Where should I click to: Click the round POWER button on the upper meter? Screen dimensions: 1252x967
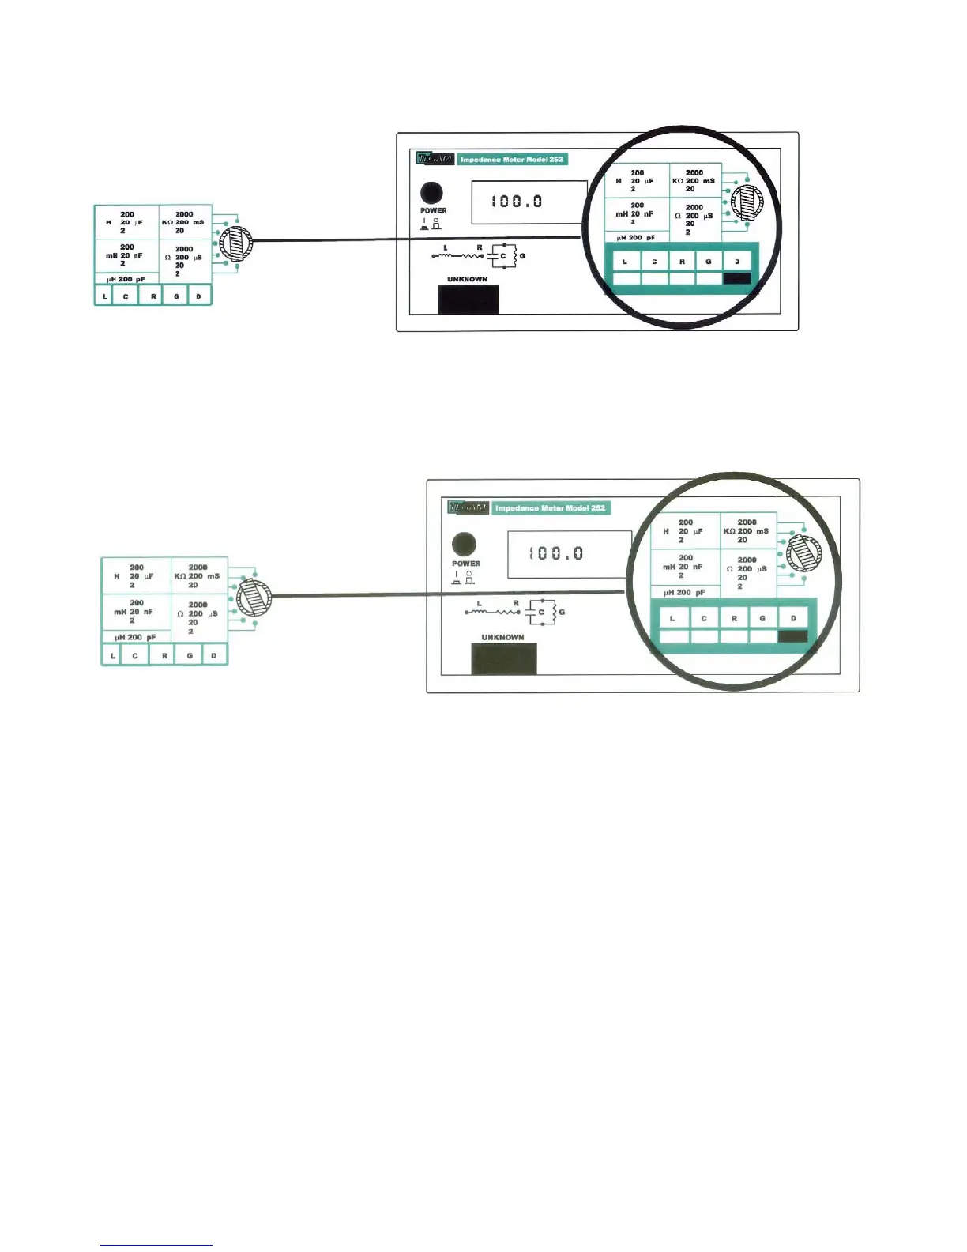tap(431, 192)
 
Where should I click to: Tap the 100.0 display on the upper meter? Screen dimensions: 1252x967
tap(529, 202)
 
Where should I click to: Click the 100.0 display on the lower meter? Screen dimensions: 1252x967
tap(568, 553)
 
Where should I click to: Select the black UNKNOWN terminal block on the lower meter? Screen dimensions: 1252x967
tap(503, 658)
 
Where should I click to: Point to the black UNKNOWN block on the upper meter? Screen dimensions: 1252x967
tap(468, 299)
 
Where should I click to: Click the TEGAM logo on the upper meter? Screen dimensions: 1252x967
tap(435, 159)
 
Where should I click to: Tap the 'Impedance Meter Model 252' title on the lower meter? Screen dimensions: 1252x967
tap(551, 507)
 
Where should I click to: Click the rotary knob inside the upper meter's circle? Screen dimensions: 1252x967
tap(746, 202)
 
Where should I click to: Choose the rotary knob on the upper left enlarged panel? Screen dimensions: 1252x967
tap(236, 244)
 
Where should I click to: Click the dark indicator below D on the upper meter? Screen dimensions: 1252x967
tap(737, 278)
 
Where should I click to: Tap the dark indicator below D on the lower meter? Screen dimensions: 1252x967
tap(792, 636)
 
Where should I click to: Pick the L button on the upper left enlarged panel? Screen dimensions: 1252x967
tap(105, 296)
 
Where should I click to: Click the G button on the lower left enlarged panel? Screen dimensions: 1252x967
tap(190, 655)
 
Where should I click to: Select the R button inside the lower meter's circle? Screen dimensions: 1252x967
tap(734, 618)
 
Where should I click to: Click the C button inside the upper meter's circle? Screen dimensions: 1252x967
tap(654, 262)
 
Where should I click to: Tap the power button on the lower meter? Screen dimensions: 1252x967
tap(464, 544)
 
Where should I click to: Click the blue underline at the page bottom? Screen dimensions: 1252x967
tap(156, 1246)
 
